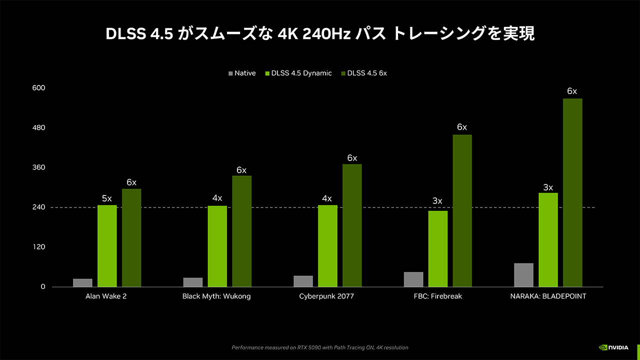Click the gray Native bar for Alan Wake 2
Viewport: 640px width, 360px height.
coord(82,282)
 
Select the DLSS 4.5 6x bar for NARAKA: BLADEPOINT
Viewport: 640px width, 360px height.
coord(572,192)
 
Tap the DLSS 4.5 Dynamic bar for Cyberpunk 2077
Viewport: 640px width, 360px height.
coord(327,245)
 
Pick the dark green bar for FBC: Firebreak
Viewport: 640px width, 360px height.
coord(462,210)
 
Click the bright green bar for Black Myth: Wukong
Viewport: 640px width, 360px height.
coord(217,246)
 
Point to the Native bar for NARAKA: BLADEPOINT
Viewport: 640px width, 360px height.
coord(523,274)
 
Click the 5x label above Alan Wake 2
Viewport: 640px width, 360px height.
coord(107,198)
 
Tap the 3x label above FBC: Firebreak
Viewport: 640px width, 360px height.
coord(437,201)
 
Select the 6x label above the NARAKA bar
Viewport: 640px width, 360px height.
coord(572,91)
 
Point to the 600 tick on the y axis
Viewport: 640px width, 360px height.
coord(39,88)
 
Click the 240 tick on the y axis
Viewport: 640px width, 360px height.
coord(39,207)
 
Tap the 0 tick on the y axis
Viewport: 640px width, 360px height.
coord(43,286)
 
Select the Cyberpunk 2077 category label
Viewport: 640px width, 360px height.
coord(326,296)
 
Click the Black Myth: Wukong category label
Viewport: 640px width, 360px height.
coord(216,296)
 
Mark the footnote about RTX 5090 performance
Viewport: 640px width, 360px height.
coord(320,347)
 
